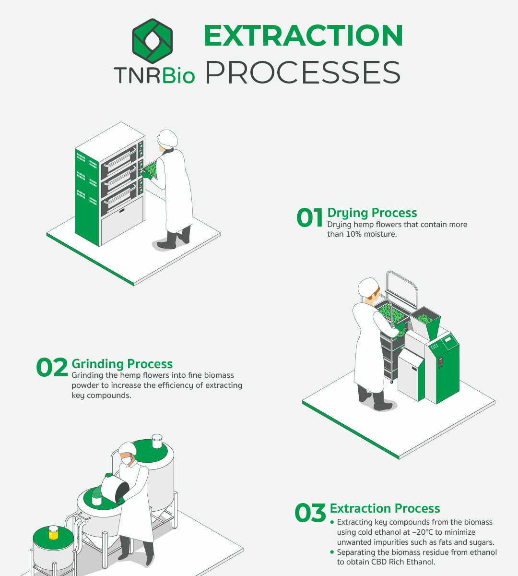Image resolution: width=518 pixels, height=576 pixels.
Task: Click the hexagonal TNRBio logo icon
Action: [x=153, y=41]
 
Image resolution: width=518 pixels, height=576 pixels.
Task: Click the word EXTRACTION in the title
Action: [x=304, y=36]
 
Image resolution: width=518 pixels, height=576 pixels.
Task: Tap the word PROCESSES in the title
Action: [x=303, y=72]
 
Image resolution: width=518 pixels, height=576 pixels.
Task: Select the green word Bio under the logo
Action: [x=179, y=75]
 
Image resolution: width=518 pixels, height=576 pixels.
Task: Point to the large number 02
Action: [x=52, y=367]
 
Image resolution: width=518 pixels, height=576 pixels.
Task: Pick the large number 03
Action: [x=310, y=513]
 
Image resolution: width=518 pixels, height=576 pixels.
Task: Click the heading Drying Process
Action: [x=372, y=213]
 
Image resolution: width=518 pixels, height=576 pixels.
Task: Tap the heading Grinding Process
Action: [x=122, y=364]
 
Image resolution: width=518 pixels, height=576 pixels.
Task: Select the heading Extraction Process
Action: [x=385, y=508]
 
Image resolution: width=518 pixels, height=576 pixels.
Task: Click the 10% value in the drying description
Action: [x=354, y=234]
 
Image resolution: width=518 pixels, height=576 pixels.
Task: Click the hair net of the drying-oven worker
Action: [x=167, y=139]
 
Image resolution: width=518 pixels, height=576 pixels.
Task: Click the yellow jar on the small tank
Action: [x=53, y=533]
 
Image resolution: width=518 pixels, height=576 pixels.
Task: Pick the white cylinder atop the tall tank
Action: [x=157, y=441]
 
